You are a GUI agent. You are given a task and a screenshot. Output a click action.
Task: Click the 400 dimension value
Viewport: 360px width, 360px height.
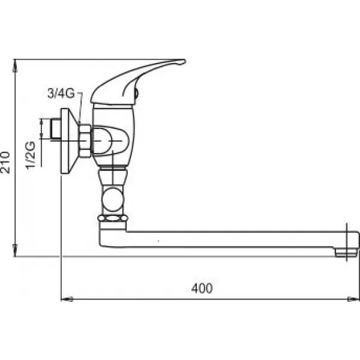(x=202, y=288)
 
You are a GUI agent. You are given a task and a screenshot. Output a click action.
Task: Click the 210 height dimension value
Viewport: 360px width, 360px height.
(x=5, y=163)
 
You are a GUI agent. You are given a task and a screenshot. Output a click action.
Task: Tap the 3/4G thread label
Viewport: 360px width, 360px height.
(x=61, y=93)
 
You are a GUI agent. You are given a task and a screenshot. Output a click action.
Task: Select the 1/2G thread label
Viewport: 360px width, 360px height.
(x=31, y=155)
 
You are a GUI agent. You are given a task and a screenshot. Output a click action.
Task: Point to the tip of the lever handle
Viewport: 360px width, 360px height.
(x=184, y=62)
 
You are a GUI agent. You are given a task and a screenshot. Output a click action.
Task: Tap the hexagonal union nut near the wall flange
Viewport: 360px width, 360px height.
(x=85, y=141)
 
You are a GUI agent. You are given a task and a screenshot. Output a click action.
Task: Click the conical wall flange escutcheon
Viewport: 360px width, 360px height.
(x=70, y=141)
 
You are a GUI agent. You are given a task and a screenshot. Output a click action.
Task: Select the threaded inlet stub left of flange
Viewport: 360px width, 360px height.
(x=56, y=129)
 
